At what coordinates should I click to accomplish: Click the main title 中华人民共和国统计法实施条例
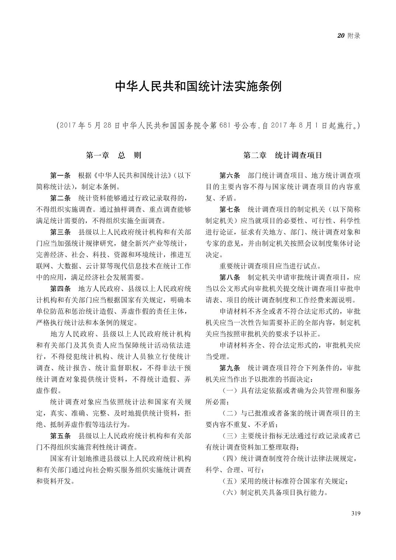point(198,87)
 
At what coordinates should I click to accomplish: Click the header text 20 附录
point(348,36)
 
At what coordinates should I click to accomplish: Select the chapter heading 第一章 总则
point(114,155)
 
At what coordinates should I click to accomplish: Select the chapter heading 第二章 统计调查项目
point(283,155)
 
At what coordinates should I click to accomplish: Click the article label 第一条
point(60,175)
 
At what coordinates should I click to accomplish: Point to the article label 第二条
point(60,198)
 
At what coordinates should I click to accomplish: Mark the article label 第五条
point(60,436)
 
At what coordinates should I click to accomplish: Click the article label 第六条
point(230,175)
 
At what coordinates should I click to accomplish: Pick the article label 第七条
point(230,210)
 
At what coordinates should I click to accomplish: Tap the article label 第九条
point(230,368)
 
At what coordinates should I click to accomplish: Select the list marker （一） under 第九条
point(229,391)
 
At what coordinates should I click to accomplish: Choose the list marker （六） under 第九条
point(229,493)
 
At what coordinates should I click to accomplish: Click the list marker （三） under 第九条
point(229,436)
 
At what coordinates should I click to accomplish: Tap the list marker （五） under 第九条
point(229,481)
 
